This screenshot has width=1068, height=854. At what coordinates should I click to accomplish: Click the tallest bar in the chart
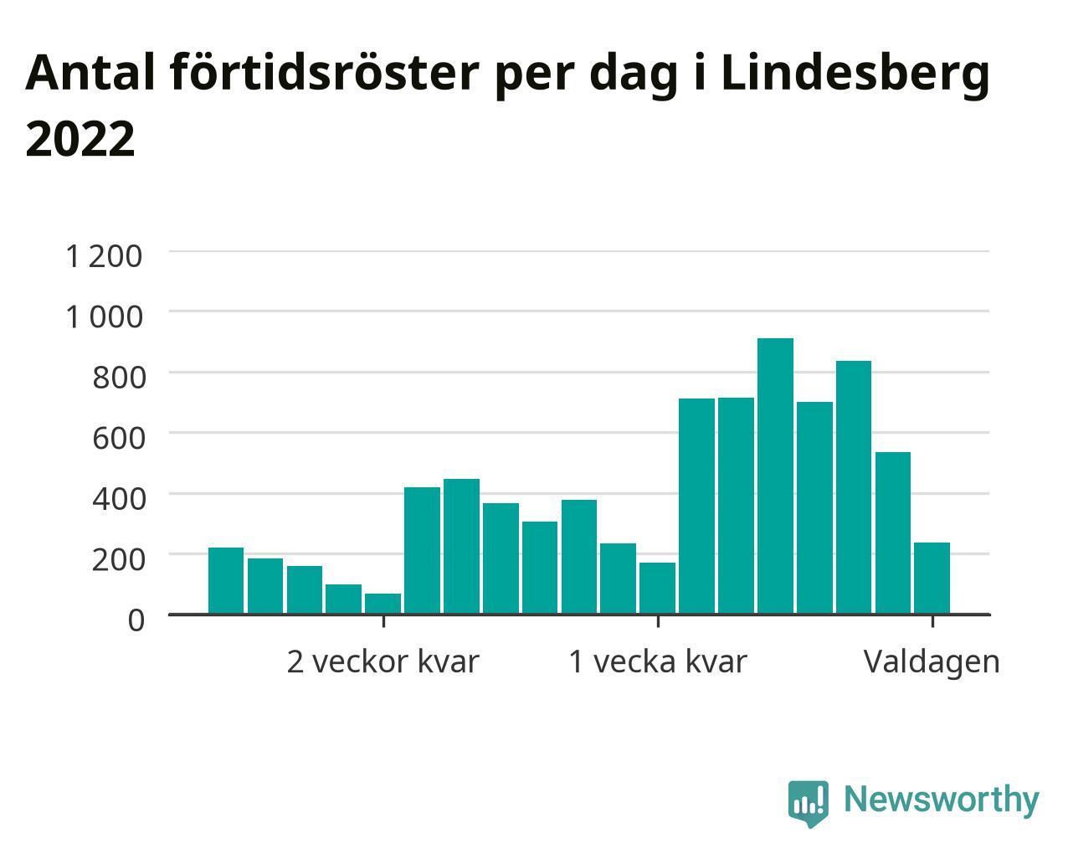[775, 476]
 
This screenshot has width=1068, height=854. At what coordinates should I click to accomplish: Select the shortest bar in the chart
[383, 604]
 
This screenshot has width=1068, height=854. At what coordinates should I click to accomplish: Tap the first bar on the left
[226, 581]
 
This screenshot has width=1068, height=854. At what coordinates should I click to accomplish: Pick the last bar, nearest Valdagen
[932, 579]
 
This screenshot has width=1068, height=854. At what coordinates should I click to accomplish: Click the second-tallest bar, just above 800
[854, 487]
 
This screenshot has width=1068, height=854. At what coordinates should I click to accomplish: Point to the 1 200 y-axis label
[104, 257]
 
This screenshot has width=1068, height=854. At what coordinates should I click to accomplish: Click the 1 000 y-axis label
[104, 316]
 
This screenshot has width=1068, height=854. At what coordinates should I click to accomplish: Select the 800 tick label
[119, 378]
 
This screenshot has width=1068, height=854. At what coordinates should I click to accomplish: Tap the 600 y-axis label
[119, 438]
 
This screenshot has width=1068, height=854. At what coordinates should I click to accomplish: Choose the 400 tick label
[119, 498]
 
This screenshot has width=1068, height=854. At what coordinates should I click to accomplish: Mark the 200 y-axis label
[119, 559]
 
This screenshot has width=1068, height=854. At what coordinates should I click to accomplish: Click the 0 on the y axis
[136, 620]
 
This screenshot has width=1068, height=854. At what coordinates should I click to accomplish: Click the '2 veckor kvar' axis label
[383, 661]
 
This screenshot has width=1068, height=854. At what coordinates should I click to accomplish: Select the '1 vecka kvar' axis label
[658, 661]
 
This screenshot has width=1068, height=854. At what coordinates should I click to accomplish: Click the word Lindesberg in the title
[855, 74]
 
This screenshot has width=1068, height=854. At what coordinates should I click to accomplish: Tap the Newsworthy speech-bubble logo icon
[808, 801]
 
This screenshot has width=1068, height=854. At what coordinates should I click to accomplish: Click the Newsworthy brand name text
[942, 800]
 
